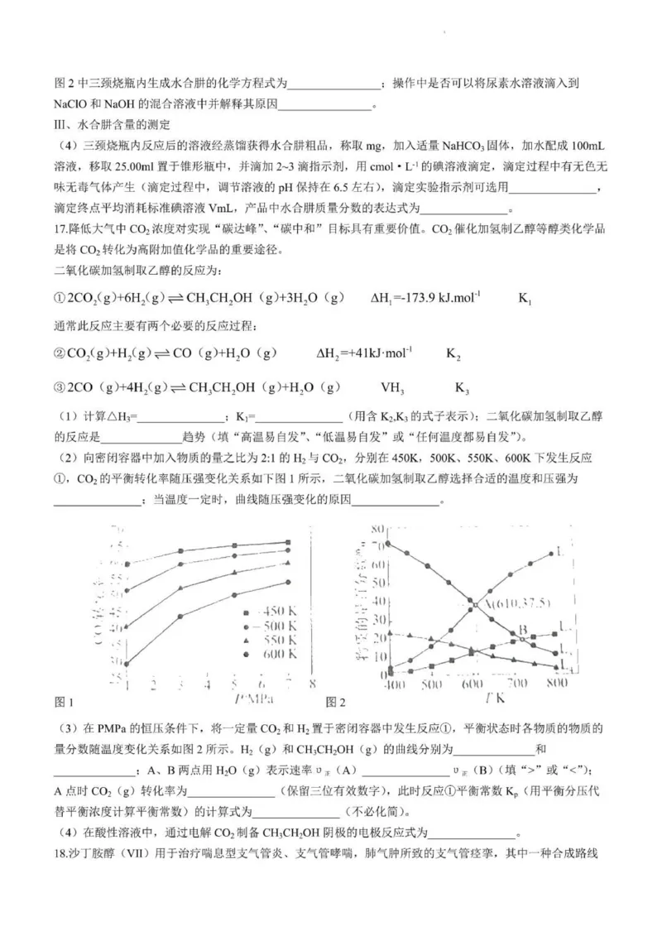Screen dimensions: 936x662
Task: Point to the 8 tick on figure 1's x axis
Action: tap(312, 684)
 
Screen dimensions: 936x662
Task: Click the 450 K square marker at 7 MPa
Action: tap(287, 542)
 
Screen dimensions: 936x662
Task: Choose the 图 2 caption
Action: tap(335, 703)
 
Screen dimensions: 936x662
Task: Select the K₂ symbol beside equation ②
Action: tap(453, 354)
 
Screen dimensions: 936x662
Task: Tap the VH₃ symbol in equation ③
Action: tap(391, 388)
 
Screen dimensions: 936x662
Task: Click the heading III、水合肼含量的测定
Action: tap(111, 125)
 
